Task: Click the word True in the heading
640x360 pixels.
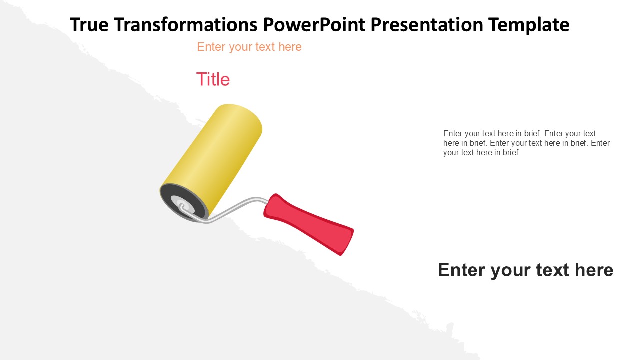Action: point(89,24)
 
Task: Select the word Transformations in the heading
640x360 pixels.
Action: point(186,24)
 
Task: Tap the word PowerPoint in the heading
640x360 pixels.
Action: point(314,24)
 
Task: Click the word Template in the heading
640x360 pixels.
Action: point(529,25)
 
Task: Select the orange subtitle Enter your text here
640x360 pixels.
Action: point(249,47)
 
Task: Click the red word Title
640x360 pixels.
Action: point(213,79)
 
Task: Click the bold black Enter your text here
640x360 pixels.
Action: point(525,270)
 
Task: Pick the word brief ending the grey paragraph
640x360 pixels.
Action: point(511,153)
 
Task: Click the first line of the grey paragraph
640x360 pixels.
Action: point(519,133)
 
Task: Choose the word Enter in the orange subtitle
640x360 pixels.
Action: point(211,47)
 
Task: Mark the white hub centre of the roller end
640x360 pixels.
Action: point(182,204)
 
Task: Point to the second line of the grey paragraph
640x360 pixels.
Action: point(526,143)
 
